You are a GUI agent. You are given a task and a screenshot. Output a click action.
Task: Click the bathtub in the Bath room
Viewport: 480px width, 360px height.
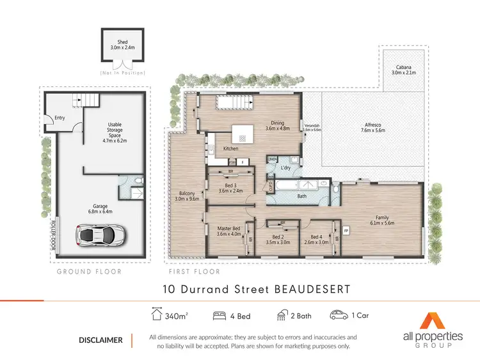pos(286,186)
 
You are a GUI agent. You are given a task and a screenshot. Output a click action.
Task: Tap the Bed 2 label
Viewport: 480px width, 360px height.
pos(282,239)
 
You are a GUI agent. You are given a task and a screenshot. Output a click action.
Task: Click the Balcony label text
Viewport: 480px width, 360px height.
pos(187,195)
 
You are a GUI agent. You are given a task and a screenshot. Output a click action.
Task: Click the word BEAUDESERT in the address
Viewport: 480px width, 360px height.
pos(312,289)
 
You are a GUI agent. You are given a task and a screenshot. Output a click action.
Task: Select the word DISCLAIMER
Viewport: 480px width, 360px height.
pos(100,340)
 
